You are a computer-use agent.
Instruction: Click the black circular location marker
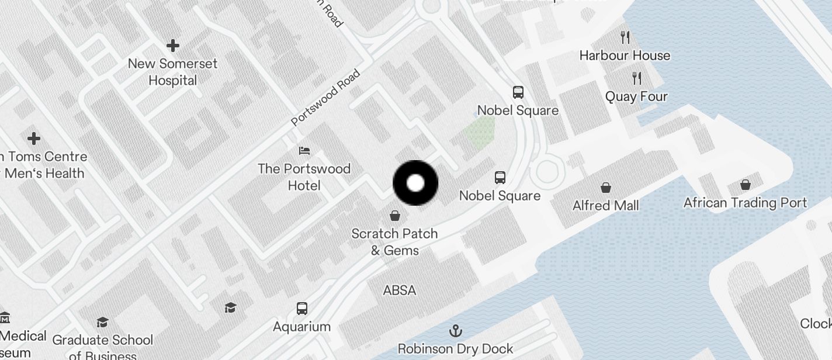(x=415, y=183)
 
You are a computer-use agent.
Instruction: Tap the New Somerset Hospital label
(x=172, y=72)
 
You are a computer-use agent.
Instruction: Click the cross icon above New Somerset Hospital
(x=172, y=45)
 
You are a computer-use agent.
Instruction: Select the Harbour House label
(x=625, y=56)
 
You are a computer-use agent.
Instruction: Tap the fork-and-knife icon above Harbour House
(x=625, y=37)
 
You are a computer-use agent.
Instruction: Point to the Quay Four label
(x=636, y=96)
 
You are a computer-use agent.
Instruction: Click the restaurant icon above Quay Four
(x=637, y=78)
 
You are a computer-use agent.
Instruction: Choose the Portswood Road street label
(x=325, y=98)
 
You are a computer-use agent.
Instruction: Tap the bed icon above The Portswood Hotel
(x=304, y=151)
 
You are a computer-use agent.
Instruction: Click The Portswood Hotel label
(x=304, y=177)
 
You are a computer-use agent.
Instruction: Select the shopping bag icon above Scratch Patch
(x=395, y=216)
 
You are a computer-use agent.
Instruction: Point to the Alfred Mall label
(x=605, y=206)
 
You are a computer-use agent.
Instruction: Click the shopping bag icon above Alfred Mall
(x=606, y=188)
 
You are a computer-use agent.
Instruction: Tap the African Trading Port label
(x=745, y=203)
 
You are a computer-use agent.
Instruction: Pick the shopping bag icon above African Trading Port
(x=746, y=185)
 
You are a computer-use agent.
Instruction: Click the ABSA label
(x=400, y=290)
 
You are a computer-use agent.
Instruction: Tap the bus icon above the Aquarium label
(x=302, y=308)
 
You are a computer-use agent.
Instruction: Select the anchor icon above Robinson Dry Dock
(x=455, y=331)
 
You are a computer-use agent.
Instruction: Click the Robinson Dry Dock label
(x=455, y=349)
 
